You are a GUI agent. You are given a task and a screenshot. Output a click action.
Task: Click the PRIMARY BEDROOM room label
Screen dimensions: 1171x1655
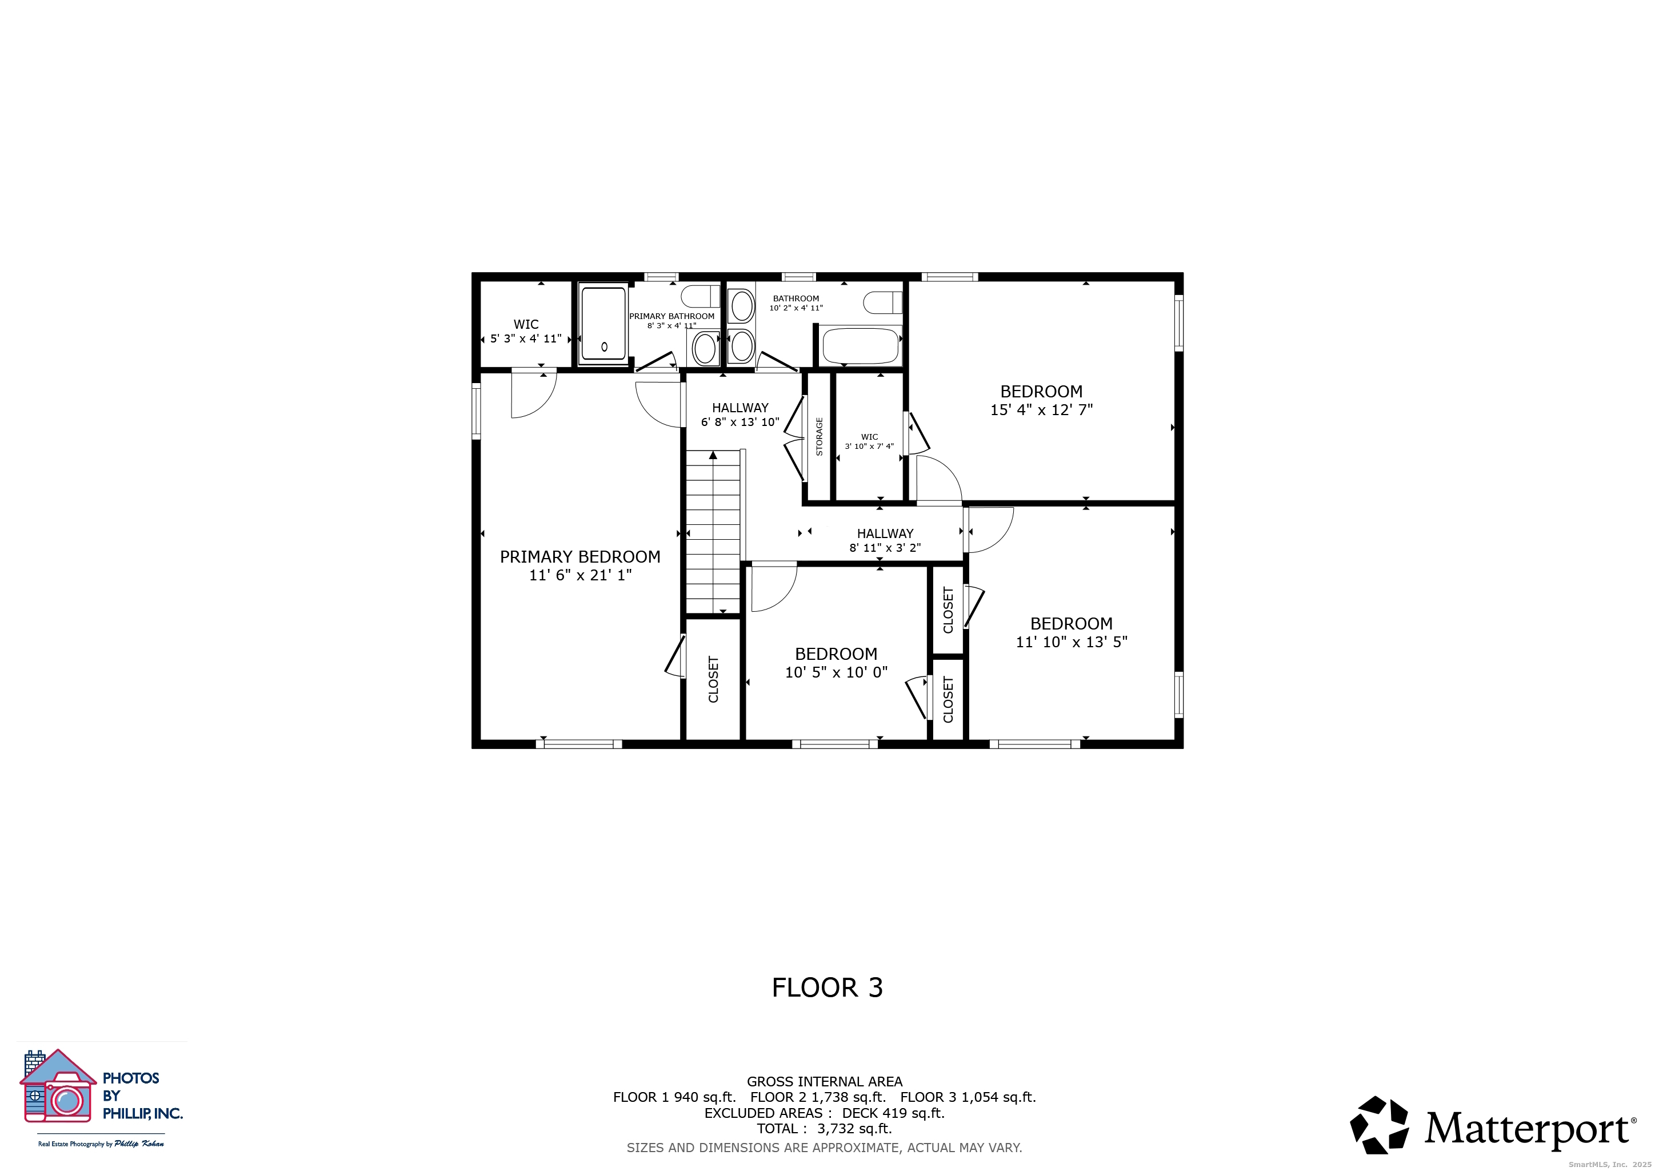pyautogui.click(x=579, y=557)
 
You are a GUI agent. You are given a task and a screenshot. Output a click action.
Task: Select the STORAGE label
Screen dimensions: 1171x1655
pyautogui.click(x=819, y=436)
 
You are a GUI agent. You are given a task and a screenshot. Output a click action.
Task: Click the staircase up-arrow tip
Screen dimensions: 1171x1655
pyautogui.click(x=713, y=454)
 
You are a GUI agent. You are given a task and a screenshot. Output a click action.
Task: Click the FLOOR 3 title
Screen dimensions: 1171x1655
pyautogui.click(x=827, y=987)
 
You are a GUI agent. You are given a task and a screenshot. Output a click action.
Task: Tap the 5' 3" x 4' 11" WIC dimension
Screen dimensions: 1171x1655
pyautogui.click(x=526, y=338)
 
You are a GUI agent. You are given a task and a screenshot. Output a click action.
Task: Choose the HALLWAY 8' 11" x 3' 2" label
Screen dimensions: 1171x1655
pyautogui.click(x=885, y=540)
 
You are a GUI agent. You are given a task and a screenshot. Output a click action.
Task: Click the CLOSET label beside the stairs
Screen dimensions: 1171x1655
pyautogui.click(x=713, y=679)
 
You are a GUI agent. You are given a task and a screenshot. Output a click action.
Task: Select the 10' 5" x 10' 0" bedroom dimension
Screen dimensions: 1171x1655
pyautogui.click(x=836, y=672)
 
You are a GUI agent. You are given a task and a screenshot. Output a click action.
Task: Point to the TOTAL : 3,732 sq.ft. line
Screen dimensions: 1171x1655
pyautogui.click(x=824, y=1129)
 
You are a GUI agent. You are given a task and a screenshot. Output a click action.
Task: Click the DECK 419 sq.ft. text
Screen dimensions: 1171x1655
pyautogui.click(x=893, y=1113)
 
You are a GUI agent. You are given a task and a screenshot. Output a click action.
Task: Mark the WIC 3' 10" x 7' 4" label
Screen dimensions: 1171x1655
pyautogui.click(x=869, y=441)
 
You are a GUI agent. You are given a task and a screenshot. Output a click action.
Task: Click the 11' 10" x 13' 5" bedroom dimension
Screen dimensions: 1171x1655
pyautogui.click(x=1071, y=642)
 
